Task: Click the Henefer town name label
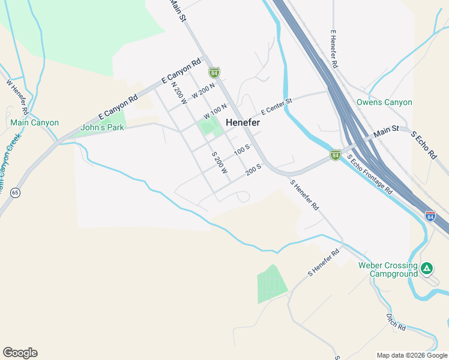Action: [243, 122]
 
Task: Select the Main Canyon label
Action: [35, 123]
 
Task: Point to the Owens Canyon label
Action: [384, 103]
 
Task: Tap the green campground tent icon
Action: [427, 268]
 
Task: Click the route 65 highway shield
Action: [15, 192]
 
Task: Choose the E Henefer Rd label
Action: [335, 49]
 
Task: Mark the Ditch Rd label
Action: [396, 322]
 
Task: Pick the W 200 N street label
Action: [203, 91]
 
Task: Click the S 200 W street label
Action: [220, 163]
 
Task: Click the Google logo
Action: [20, 353]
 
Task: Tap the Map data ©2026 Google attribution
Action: [411, 355]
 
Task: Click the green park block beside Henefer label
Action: [208, 127]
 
